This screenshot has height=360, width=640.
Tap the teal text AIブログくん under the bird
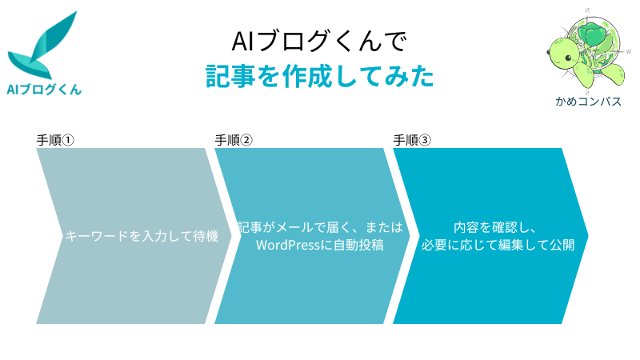point(44,90)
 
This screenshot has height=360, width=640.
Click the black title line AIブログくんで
point(319,42)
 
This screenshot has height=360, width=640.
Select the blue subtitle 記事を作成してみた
point(319,76)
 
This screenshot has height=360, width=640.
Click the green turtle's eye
point(568,58)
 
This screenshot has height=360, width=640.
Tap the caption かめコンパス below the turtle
point(588,102)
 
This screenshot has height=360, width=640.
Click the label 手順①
point(55,141)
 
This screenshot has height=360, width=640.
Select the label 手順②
point(234,141)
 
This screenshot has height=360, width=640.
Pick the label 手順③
point(412,141)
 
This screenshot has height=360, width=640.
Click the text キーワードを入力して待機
point(142,236)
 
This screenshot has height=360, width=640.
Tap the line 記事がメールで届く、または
point(321,227)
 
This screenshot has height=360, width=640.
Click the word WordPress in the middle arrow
point(288,245)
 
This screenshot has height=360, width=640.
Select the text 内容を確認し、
point(495,227)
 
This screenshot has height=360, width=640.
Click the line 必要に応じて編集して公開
point(498,245)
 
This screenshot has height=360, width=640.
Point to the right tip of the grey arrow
point(231,235)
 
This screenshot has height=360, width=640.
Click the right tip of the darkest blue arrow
point(588,235)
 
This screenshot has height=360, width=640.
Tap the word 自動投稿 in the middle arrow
point(358,245)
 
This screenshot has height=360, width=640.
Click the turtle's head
point(563,54)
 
